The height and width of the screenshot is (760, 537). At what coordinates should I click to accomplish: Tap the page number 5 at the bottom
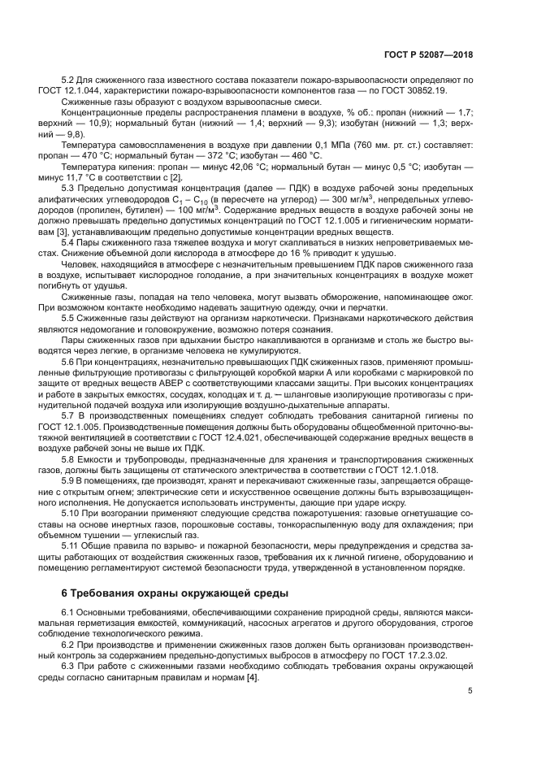click(x=470, y=691)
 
